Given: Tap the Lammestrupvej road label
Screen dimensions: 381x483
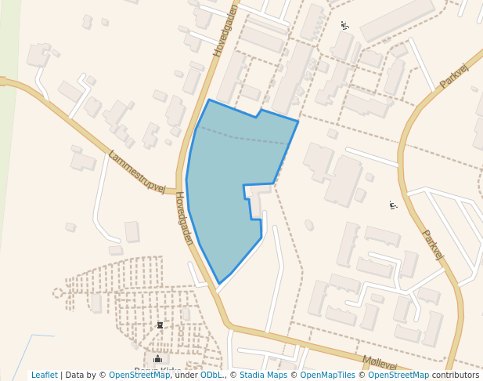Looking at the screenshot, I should click(x=137, y=172).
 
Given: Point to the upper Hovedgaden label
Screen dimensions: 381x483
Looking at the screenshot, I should click(x=225, y=31).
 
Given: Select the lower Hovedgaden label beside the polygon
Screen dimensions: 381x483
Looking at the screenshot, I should click(x=184, y=218).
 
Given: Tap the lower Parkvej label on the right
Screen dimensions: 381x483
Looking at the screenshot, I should click(x=432, y=244).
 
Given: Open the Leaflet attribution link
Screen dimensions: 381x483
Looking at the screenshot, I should click(x=45, y=376).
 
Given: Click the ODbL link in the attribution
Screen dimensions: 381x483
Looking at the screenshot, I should click(x=211, y=376).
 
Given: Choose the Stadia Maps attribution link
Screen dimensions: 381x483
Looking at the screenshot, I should click(x=263, y=376).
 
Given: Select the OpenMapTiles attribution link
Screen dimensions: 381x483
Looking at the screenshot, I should click(x=325, y=376).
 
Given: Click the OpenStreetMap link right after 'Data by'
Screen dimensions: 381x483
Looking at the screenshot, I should click(x=139, y=376).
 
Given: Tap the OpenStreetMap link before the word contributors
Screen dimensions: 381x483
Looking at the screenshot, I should click(x=398, y=376).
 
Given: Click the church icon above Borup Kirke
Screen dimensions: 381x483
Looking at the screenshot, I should click(x=157, y=358).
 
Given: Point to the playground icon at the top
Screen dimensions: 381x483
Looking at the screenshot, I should click(x=344, y=26).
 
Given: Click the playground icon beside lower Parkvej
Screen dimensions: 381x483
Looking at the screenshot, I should click(x=393, y=205).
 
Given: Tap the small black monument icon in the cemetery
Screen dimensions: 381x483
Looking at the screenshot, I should click(x=160, y=325).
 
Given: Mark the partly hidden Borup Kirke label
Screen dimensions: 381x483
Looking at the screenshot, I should click(x=157, y=371).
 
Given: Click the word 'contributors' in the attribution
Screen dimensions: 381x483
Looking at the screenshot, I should click(x=456, y=376).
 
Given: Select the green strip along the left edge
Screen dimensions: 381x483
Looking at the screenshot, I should click(x=8, y=157).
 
